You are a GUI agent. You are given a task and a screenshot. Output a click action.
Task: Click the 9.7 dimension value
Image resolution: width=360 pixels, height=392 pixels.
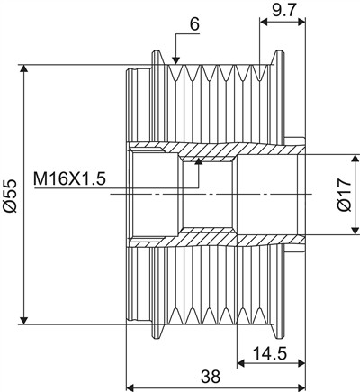[284, 11]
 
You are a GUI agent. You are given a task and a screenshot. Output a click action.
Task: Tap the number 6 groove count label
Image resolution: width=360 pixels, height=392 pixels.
[194, 24]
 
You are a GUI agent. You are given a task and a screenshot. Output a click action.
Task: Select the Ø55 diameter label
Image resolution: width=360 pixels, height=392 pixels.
[10, 196]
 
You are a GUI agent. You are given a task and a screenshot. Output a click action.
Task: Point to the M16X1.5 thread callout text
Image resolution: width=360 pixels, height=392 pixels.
[69, 179]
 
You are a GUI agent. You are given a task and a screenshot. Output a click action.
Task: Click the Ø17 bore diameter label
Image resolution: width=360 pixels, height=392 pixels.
[344, 195]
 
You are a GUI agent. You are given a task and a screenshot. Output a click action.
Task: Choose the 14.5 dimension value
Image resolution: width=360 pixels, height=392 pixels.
[270, 353]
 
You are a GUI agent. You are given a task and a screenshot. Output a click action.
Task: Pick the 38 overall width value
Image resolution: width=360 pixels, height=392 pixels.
[211, 377]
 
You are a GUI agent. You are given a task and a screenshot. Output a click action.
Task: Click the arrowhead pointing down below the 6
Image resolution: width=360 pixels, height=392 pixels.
[176, 60]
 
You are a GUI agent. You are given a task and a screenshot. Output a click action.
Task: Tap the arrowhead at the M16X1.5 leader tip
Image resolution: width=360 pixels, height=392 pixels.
[198, 161]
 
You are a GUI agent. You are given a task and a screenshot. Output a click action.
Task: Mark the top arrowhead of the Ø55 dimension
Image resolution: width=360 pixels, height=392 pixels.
[24, 68]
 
